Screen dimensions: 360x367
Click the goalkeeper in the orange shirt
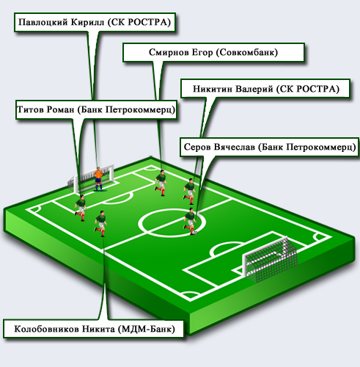coord(98,179)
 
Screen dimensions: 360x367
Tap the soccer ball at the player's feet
coord(195,233)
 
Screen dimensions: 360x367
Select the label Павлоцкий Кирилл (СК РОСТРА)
coord(95,22)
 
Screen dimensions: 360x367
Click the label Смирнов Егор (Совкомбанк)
coord(213,52)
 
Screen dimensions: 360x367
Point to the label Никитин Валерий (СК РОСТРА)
coord(265,89)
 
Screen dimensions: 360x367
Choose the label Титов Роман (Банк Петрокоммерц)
coord(96,109)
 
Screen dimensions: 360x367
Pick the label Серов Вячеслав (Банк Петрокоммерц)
coord(269,147)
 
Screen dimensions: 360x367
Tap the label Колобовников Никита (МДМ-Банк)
coord(94,329)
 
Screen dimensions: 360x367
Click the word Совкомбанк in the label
coord(247,52)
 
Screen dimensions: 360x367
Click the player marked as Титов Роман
coord(81,208)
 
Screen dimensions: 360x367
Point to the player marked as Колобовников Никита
coord(100,223)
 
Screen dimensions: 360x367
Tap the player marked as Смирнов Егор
coord(161,182)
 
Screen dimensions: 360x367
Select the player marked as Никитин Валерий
coord(189,192)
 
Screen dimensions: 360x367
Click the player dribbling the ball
coord(190,221)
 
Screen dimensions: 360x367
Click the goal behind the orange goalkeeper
coord(91,178)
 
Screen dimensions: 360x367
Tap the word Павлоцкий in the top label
coord(43,22)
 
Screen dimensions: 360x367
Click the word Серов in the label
coord(197,147)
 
